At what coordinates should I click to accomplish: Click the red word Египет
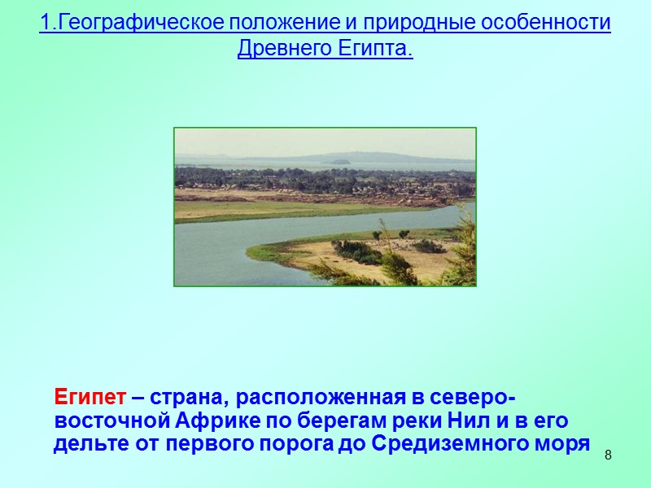[90, 398]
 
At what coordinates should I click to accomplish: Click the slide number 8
[607, 451]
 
